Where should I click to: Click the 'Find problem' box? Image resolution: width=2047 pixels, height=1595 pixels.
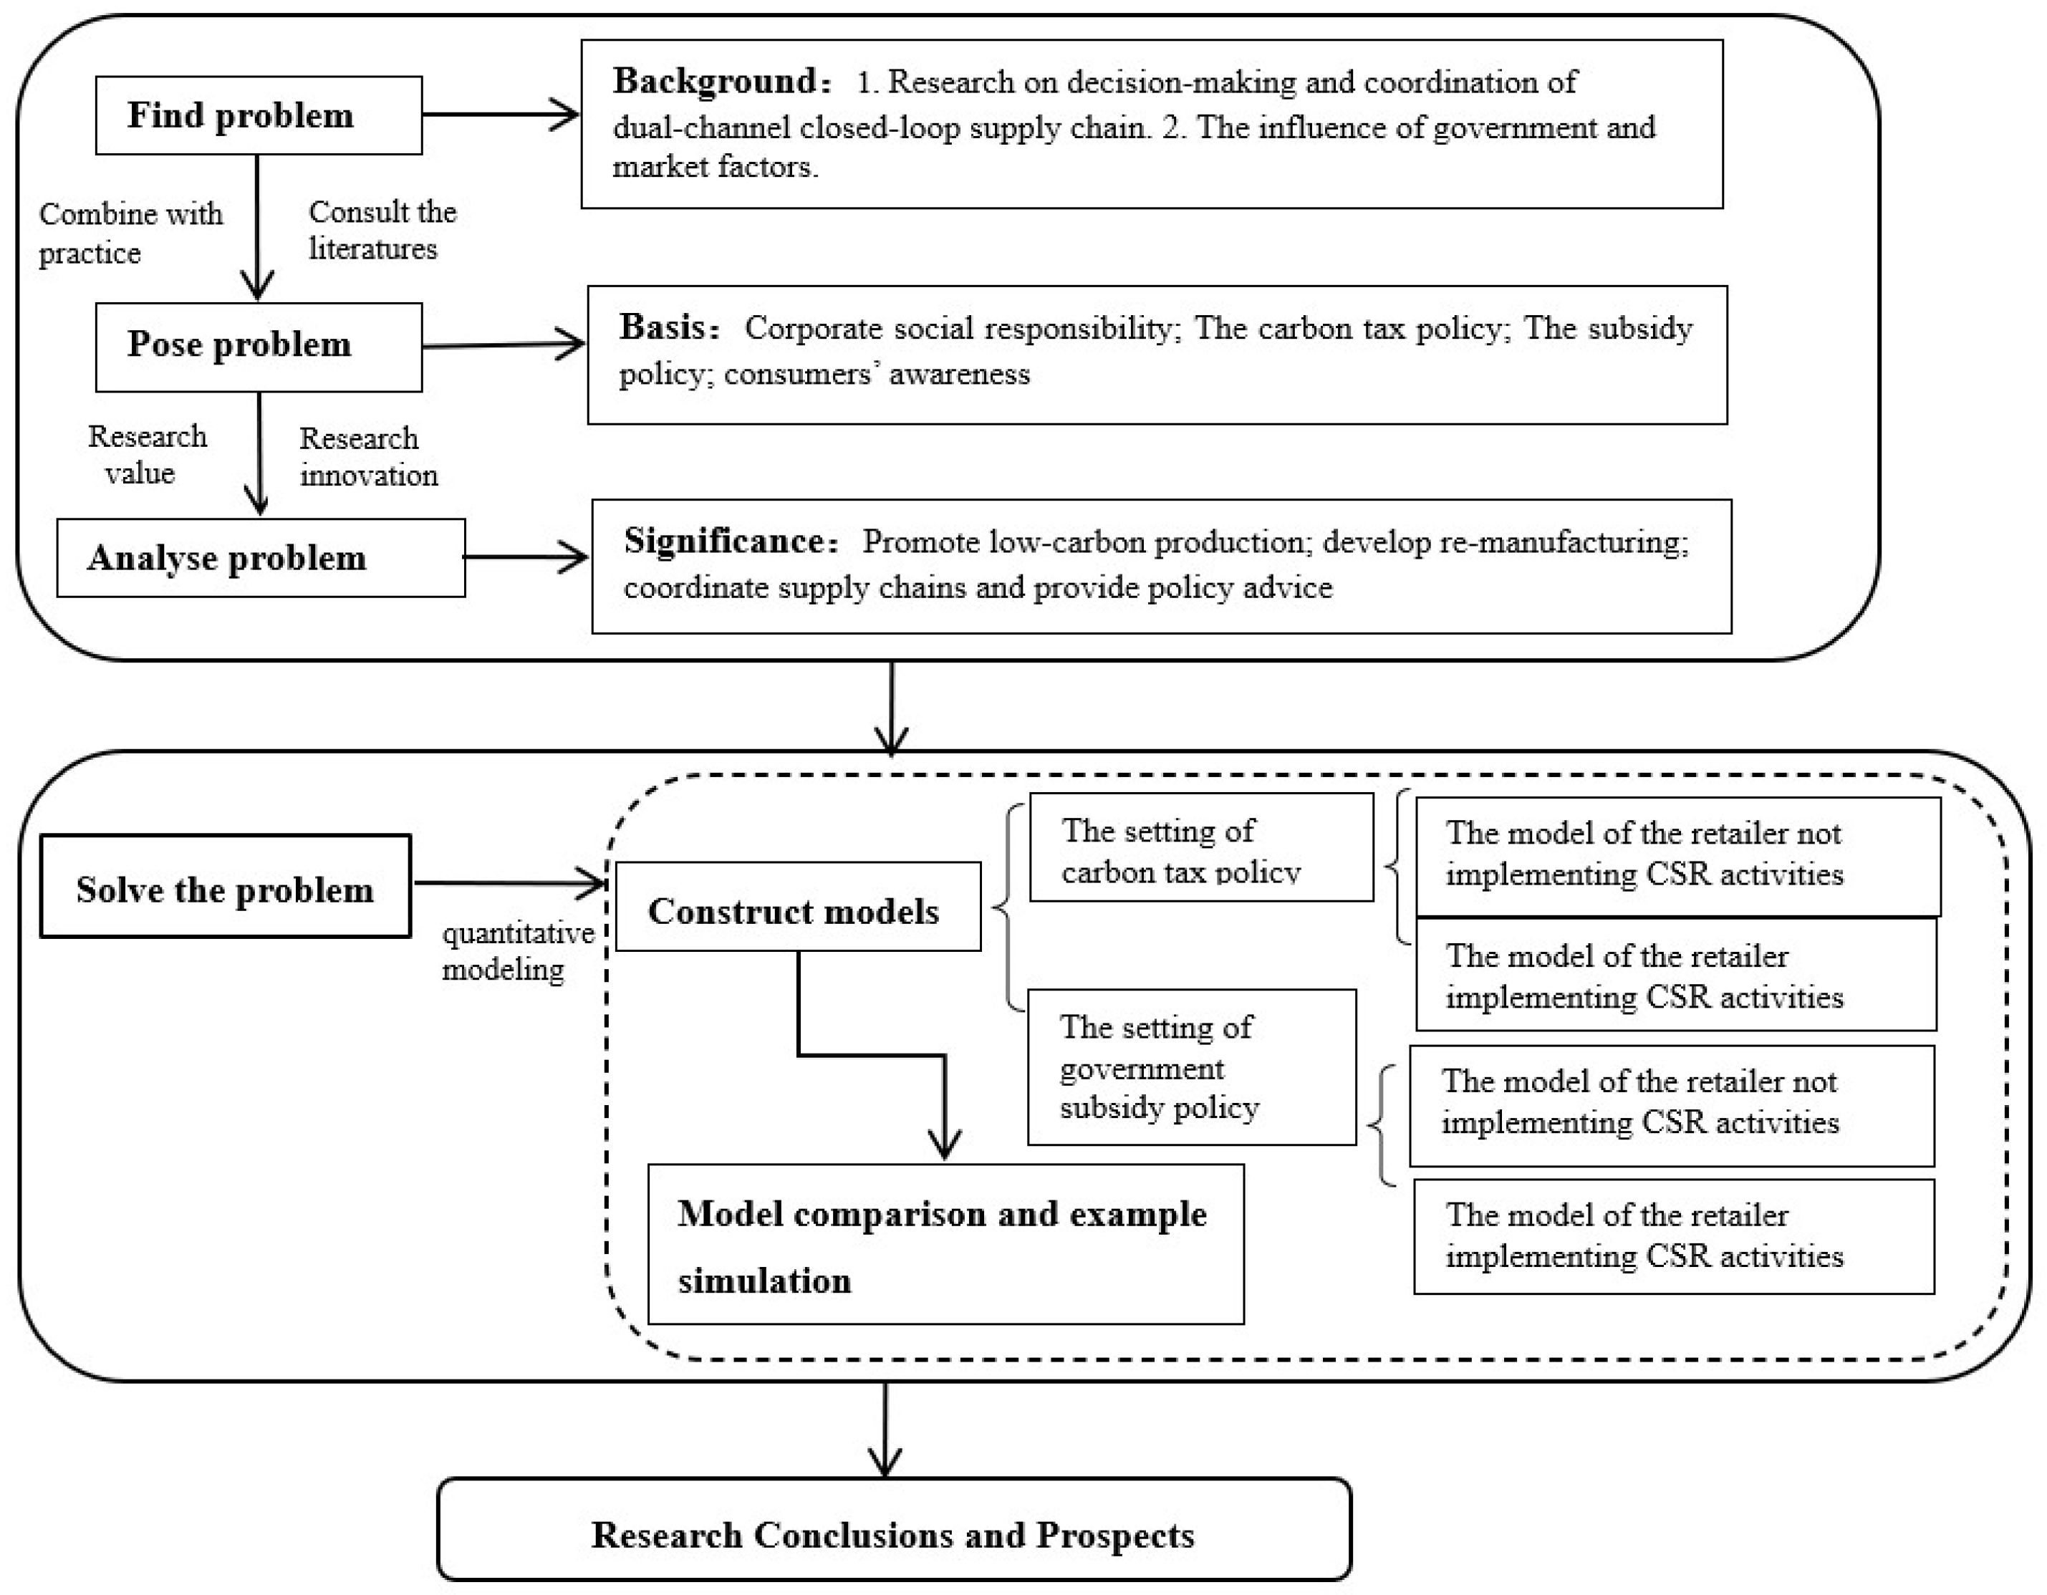click(259, 115)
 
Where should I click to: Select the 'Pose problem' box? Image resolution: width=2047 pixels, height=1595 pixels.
click(259, 346)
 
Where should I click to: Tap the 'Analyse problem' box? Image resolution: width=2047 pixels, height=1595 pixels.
click(261, 558)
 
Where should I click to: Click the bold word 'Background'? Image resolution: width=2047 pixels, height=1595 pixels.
click(716, 82)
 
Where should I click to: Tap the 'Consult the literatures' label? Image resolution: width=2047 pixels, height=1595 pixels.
click(382, 231)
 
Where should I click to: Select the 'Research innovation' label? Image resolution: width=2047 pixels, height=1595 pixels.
click(368, 456)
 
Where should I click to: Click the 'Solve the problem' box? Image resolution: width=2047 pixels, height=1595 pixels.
click(225, 887)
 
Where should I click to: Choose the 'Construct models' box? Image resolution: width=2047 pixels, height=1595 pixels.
click(798, 907)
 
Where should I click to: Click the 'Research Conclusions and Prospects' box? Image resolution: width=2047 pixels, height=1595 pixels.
click(893, 1534)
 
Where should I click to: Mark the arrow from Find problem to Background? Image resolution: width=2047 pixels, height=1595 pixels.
click(501, 115)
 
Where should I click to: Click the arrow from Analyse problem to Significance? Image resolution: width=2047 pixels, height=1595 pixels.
click(526, 558)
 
